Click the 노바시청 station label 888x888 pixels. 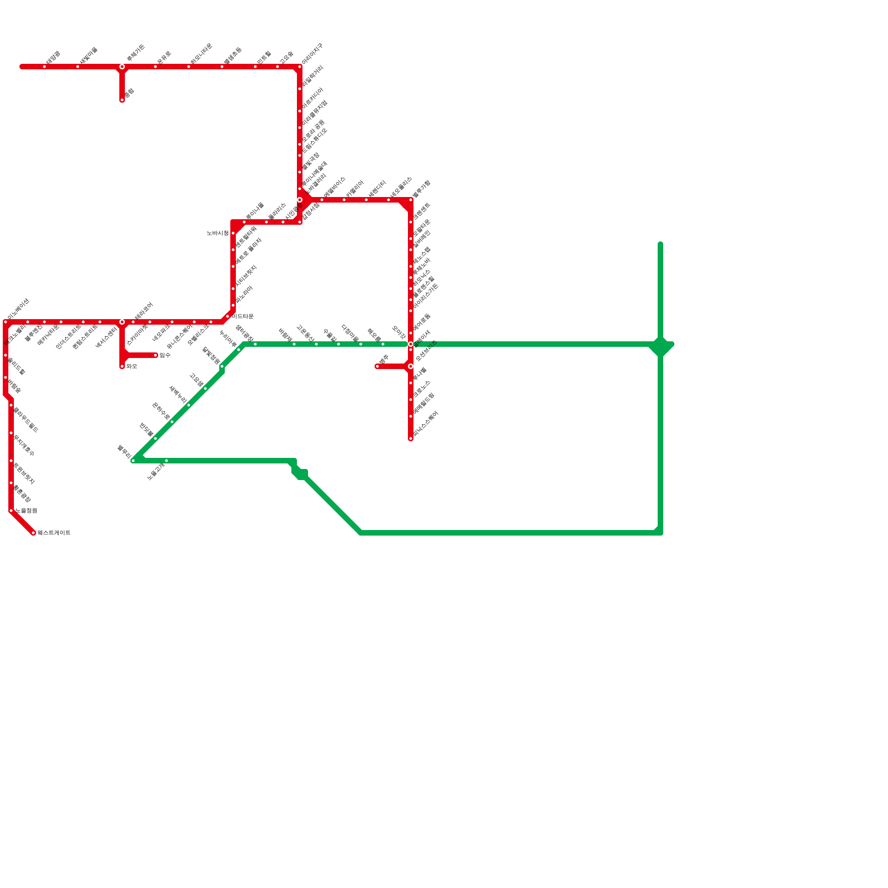(x=218, y=233)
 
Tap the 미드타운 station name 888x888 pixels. (x=243, y=316)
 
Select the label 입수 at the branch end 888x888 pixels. (x=165, y=355)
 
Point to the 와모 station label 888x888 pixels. (x=132, y=366)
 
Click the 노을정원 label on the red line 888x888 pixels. (x=26, y=511)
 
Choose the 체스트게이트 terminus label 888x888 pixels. (x=54, y=533)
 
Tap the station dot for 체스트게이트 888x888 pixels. (x=33, y=533)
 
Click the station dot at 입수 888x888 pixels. (x=155, y=355)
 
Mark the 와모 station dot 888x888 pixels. (x=122, y=366)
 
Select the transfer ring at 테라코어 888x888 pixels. (x=122, y=322)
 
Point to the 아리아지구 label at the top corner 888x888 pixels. (x=312, y=54)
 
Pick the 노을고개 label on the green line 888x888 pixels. (x=156, y=471)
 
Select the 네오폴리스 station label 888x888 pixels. (x=401, y=188)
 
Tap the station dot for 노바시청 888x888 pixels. (x=233, y=233)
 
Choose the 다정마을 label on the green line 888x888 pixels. (x=350, y=334)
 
